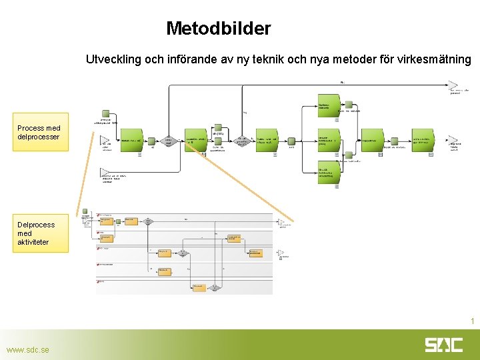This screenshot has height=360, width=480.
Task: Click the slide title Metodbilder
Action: tap(218, 29)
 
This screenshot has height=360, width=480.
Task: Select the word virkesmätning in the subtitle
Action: tap(438, 59)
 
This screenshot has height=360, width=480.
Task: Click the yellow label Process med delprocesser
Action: tap(39, 132)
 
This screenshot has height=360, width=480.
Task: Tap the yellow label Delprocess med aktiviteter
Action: tap(39, 233)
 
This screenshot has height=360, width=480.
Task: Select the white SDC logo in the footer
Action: tap(443, 345)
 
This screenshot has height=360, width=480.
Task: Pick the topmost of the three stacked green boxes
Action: tap(329, 105)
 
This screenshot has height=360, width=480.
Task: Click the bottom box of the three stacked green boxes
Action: tap(329, 173)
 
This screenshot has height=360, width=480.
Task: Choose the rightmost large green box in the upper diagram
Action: tap(422, 141)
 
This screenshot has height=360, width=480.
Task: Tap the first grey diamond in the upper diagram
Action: tap(169, 141)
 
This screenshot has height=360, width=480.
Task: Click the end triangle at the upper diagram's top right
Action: tap(453, 85)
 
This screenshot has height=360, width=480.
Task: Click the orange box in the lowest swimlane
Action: tap(199, 287)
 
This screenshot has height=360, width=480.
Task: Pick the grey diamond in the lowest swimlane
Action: tap(215, 287)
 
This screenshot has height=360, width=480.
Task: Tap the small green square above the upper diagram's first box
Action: tap(105, 115)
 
